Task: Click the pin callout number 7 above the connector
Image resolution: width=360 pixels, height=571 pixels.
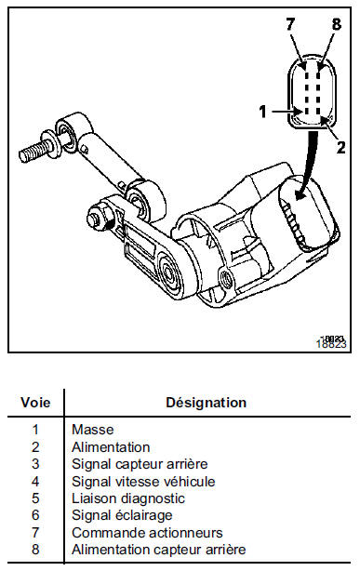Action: (290, 24)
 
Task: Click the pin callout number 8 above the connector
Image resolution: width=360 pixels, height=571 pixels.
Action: (337, 24)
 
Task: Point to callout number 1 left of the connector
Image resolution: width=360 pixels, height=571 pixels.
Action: (262, 112)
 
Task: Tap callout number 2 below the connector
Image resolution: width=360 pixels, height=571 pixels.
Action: (340, 147)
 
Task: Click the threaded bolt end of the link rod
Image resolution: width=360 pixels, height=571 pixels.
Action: (35, 151)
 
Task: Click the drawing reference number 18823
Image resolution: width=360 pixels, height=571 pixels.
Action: (331, 342)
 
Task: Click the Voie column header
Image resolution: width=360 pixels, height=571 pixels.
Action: (35, 403)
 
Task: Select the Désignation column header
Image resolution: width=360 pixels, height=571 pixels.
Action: (206, 403)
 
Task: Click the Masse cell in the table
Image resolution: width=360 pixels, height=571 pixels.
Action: (92, 430)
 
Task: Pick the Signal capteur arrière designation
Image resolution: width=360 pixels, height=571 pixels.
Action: (140, 464)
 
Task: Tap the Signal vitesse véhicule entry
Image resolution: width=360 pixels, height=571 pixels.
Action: (143, 482)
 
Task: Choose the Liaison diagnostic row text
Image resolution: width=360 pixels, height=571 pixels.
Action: (128, 498)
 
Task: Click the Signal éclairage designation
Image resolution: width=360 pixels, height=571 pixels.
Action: (122, 515)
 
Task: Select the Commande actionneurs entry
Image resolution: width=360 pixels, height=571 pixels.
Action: (147, 533)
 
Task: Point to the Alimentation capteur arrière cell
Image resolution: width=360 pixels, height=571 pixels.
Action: (159, 550)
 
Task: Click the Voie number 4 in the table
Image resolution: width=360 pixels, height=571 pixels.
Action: (35, 482)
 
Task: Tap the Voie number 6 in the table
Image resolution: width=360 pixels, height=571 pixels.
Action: (35, 515)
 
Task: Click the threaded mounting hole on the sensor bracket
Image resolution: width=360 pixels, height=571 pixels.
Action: (226, 278)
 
